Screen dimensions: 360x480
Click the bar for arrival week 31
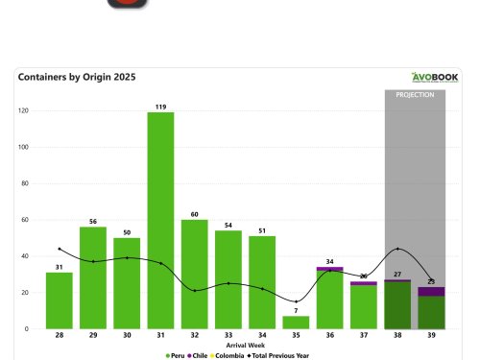(160, 221)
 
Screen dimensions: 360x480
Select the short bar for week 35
(296, 323)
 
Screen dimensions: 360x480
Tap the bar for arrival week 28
(60, 300)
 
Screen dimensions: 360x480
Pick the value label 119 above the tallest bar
(160, 107)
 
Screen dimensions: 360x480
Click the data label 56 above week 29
(93, 221)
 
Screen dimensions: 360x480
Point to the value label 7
(296, 310)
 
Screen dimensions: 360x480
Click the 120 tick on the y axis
(24, 111)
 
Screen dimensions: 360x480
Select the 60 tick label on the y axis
(26, 220)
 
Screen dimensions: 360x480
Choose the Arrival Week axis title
(245, 345)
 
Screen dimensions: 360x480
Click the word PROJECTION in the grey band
(415, 95)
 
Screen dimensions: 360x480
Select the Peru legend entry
(177, 354)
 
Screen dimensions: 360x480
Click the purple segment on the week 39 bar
(431, 291)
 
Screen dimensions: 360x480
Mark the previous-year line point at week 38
(397, 249)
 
